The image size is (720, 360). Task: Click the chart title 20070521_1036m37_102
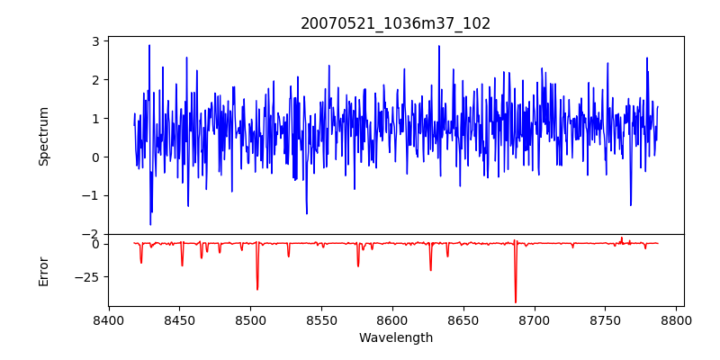click(x=396, y=24)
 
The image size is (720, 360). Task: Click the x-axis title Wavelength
click(x=396, y=338)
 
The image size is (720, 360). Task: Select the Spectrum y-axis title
click(x=44, y=136)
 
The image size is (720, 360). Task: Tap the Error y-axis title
click(x=44, y=270)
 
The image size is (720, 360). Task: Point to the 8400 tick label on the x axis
click(x=109, y=319)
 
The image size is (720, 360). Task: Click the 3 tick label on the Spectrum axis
click(x=94, y=41)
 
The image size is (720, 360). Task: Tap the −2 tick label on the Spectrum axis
click(x=91, y=234)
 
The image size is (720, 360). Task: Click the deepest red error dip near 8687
click(x=516, y=302)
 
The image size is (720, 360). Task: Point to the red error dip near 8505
click(x=257, y=289)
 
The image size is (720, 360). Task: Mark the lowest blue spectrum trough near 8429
click(x=150, y=224)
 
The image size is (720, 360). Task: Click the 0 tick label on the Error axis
click(x=94, y=244)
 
